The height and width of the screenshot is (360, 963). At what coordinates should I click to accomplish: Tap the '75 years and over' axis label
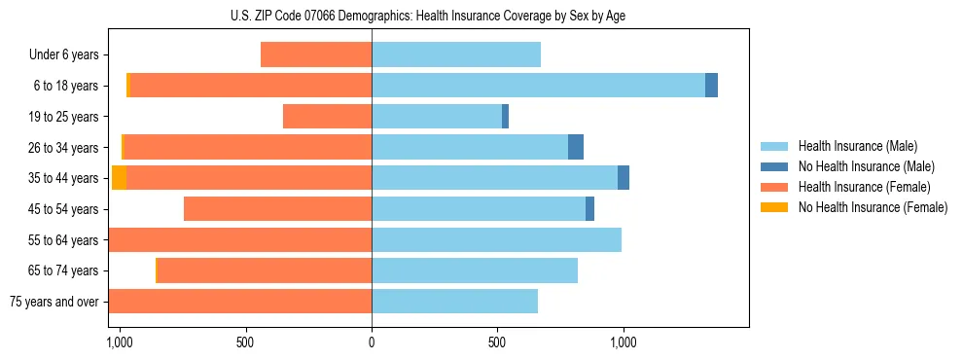click(54, 302)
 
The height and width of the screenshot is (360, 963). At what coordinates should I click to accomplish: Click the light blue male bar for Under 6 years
click(455, 55)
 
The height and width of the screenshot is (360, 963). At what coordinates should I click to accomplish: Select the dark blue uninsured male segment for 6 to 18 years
click(711, 86)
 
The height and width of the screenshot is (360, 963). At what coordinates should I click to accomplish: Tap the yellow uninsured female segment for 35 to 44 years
click(119, 178)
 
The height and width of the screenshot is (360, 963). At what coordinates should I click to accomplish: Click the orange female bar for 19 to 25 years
click(327, 117)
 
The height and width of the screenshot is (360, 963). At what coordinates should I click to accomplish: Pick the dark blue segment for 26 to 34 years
click(576, 148)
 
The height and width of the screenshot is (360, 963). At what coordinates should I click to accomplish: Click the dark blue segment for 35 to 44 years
click(624, 178)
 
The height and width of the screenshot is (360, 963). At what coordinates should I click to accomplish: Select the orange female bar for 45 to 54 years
click(277, 209)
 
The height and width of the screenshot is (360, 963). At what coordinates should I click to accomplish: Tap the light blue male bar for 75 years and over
click(454, 302)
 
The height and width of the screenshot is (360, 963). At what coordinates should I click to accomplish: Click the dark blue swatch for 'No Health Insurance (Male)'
click(775, 166)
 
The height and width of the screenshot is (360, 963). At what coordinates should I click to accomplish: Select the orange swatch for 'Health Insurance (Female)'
click(775, 187)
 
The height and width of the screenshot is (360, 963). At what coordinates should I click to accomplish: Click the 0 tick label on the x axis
click(372, 342)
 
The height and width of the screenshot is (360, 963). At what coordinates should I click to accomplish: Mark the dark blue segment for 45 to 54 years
click(589, 209)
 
